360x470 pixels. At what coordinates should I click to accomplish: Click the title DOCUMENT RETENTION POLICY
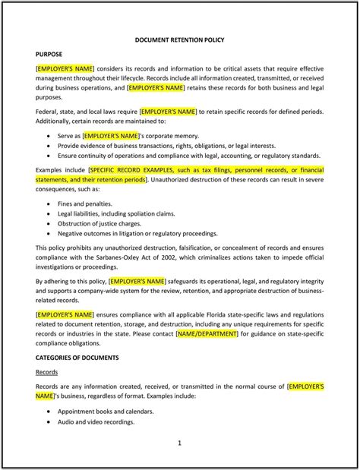pos(179,39)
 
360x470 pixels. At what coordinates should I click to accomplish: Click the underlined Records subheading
pos(48,372)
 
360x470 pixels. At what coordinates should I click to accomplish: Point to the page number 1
pos(179,442)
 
